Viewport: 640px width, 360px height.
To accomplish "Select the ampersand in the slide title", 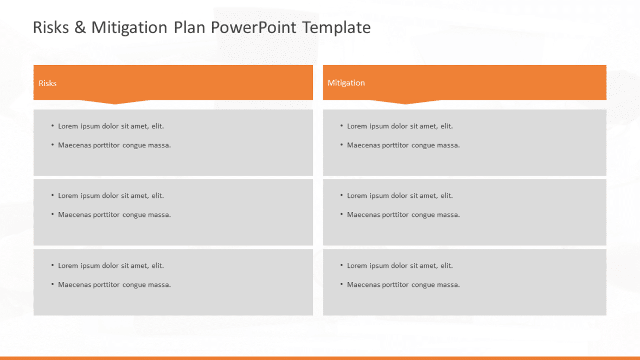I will pos(80,27).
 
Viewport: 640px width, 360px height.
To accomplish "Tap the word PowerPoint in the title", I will pos(253,27).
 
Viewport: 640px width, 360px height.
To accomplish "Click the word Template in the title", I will pos(336,27).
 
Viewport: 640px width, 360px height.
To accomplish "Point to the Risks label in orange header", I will pos(47,83).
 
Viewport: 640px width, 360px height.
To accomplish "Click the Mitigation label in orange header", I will pos(346,82).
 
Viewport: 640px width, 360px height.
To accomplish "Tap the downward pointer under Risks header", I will pos(115,102).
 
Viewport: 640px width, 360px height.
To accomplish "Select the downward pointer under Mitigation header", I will pos(405,102).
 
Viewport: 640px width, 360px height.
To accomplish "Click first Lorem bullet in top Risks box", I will pos(111,126).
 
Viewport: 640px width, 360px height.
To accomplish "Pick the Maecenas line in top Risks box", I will pos(114,145).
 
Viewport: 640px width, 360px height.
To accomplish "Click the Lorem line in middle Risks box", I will pos(111,195).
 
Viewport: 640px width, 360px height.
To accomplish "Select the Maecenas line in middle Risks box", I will pos(114,214).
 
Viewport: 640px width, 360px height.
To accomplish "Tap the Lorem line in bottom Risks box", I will pos(111,265).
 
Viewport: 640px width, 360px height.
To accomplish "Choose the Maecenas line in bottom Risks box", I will pos(114,284).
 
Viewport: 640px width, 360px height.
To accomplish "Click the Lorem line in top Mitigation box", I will pos(400,126).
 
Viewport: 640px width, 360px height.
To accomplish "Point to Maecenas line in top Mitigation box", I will pos(403,145).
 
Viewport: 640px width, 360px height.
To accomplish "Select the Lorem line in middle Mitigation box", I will pos(400,195).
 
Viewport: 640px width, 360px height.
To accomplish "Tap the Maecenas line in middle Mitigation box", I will pos(403,214).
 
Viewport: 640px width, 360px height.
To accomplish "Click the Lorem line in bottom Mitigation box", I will pos(400,265).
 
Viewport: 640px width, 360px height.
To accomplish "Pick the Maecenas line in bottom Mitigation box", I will pos(403,284).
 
